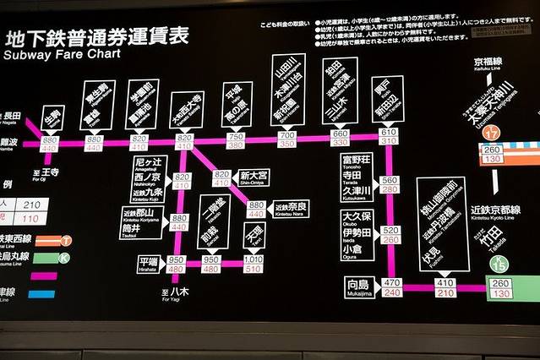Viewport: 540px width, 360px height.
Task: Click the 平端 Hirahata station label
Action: pyautogui.click(x=148, y=262)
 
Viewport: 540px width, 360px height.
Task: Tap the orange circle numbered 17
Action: pyautogui.click(x=491, y=132)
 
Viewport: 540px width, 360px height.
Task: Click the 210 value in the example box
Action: pyautogui.click(x=33, y=205)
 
